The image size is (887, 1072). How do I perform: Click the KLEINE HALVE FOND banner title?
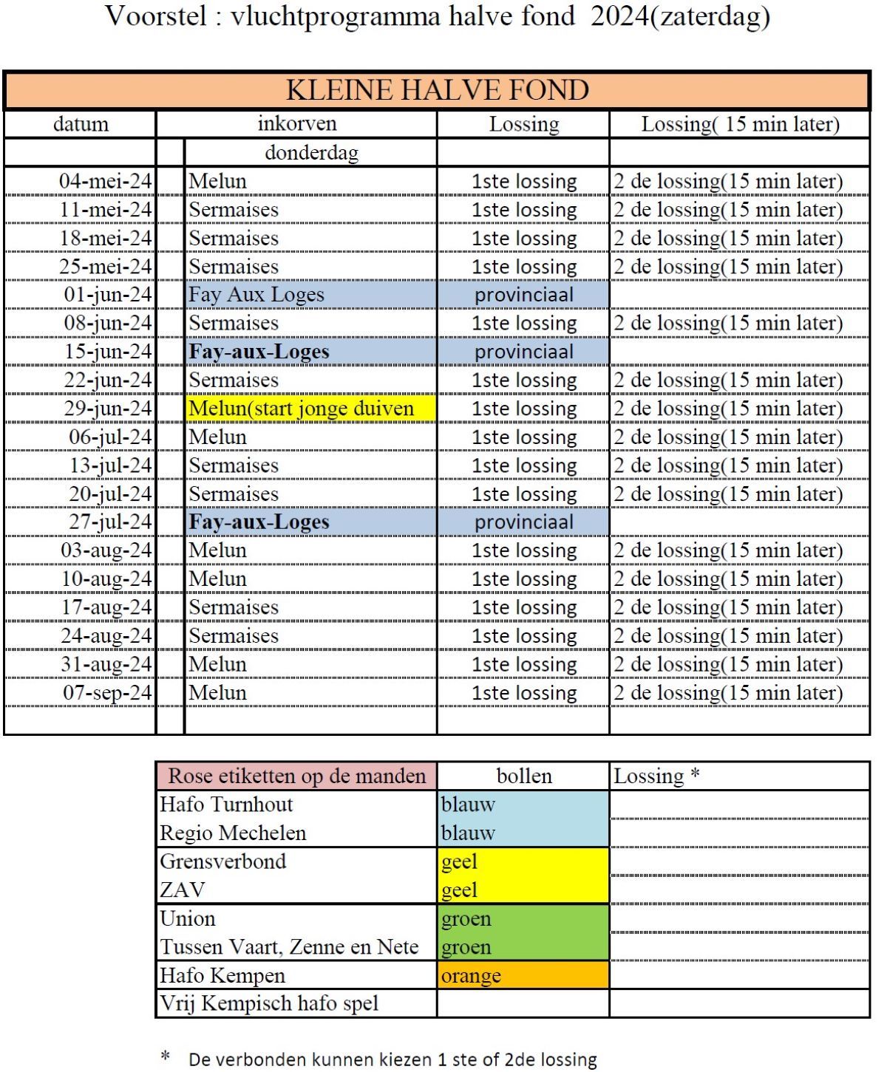(437, 90)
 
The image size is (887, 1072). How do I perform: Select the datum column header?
(81, 123)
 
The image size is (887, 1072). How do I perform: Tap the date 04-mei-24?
(106, 181)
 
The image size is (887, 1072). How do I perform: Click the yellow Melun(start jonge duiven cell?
(302, 409)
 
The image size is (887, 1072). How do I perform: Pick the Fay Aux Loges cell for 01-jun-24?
(256, 295)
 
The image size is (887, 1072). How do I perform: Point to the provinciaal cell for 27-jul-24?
(523, 522)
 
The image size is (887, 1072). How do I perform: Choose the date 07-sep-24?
(107, 693)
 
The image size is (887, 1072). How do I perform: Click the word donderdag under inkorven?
(311, 152)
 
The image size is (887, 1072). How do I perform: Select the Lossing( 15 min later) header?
(740, 123)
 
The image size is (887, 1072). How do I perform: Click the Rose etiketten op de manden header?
(296, 776)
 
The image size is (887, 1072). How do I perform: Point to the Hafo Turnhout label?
(226, 804)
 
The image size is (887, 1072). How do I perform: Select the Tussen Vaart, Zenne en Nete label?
(289, 947)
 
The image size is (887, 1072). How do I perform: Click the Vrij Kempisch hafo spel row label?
(269, 1003)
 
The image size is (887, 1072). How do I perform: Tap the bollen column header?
(523, 776)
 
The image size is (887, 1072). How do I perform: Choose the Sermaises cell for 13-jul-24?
(234, 465)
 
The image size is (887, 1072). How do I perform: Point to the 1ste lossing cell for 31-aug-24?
(523, 664)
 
